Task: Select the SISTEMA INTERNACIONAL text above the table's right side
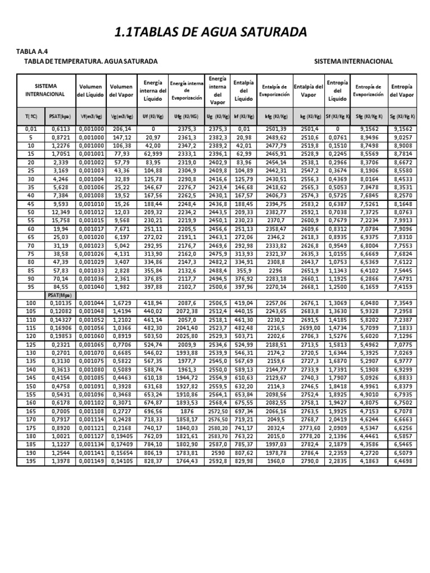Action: tap(353, 61)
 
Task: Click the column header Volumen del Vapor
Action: tap(121, 91)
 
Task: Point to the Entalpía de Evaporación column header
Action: tap(274, 91)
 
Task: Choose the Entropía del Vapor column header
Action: tap(402, 91)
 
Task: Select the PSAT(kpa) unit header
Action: tap(59, 116)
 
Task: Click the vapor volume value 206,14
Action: tap(121, 129)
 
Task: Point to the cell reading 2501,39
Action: tap(274, 129)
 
